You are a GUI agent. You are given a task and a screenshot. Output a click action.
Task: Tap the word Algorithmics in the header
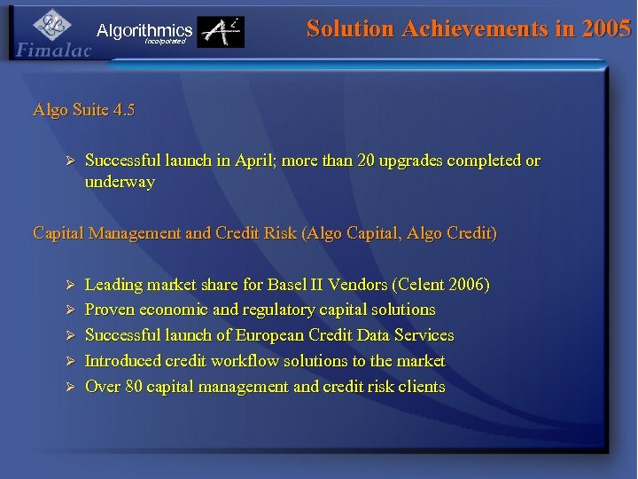[144, 30]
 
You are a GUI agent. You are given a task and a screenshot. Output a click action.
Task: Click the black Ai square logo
[221, 33]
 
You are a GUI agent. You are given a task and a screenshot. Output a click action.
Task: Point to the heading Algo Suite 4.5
[84, 111]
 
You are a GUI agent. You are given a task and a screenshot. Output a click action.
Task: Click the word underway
[120, 182]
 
